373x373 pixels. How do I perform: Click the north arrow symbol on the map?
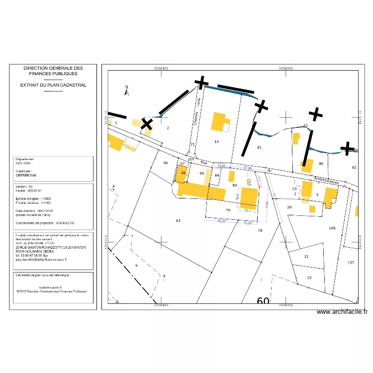[127, 90]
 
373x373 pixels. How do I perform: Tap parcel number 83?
[178, 220]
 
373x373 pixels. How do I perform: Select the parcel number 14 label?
[216, 142]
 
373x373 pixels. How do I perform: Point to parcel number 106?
[332, 228]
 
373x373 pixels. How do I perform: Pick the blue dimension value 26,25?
[222, 221]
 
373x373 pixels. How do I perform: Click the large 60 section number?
[264, 302]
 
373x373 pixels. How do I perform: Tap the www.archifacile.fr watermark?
[342, 312]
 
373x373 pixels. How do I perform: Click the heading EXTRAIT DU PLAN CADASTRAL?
[53, 85]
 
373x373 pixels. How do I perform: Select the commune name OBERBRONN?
[26, 175]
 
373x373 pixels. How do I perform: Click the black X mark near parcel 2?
[147, 124]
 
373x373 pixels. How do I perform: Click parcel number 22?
[309, 278]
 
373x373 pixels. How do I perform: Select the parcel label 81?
[259, 148]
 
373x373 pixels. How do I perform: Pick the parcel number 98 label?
[183, 173]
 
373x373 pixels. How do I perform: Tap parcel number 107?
[351, 262]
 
